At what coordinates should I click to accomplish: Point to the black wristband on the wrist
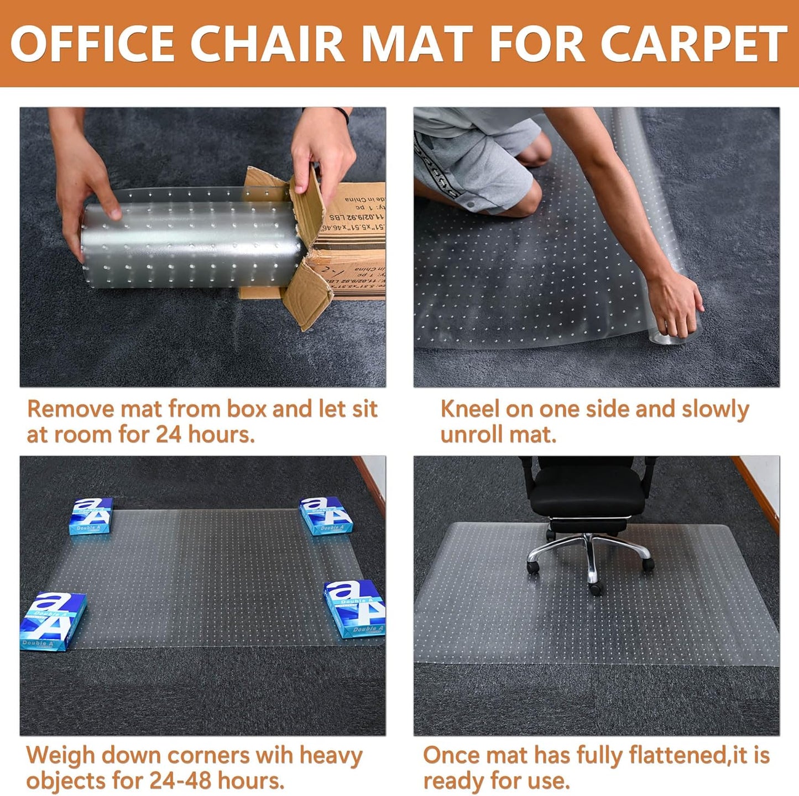pos(343,115)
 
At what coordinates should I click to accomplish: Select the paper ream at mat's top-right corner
pos(325,515)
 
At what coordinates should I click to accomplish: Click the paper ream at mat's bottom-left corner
pos(53,621)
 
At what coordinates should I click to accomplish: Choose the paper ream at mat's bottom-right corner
pos(355,608)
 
